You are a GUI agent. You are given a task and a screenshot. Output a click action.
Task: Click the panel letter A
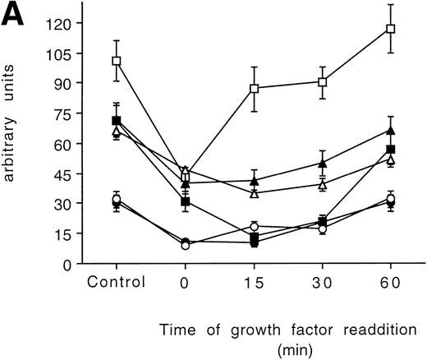(x=16, y=16)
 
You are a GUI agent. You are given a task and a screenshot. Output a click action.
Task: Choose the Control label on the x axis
(x=117, y=281)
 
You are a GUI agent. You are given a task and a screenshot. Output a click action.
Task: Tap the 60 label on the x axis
(x=391, y=281)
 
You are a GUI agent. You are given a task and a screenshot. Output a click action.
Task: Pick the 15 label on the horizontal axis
(x=254, y=281)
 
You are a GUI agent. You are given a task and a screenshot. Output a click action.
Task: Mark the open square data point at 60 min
(x=391, y=29)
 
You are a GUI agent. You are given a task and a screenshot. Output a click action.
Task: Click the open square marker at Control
(x=117, y=61)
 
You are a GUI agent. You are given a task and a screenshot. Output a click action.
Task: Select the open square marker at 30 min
(x=323, y=82)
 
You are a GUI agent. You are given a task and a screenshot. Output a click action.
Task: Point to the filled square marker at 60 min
(x=391, y=150)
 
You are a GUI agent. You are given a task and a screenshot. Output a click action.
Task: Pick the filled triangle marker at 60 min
(x=391, y=130)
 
